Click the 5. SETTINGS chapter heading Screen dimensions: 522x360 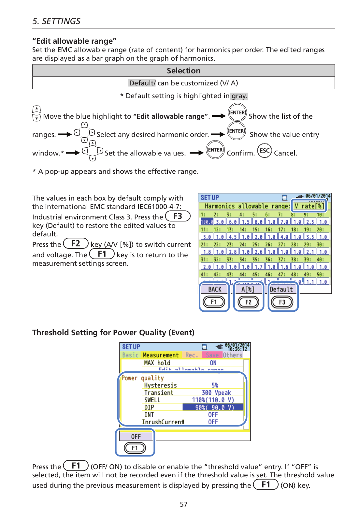click(x=56, y=21)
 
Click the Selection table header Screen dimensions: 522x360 click(x=183, y=71)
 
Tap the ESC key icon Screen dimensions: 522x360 click(x=264, y=151)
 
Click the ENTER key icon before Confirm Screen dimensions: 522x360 click(x=215, y=150)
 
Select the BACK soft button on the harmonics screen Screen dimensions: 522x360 click(x=215, y=289)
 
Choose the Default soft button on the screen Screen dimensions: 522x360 click(x=281, y=289)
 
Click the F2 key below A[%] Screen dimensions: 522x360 click(x=248, y=302)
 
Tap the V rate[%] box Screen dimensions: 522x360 click(x=309, y=206)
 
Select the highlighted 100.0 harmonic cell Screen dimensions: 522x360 click(x=207, y=222)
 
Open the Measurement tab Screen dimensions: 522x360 click(x=161, y=355)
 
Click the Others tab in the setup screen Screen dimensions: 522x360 click(x=233, y=355)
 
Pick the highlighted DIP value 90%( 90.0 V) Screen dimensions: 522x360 click(x=213, y=407)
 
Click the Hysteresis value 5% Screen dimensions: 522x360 click(x=215, y=385)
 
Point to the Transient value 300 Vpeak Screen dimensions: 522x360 click(x=216, y=393)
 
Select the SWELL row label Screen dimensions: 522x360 click(x=152, y=400)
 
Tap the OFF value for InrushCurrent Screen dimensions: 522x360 click(x=213, y=422)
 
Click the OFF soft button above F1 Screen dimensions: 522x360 click(x=136, y=437)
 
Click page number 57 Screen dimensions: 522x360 click(x=184, y=504)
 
